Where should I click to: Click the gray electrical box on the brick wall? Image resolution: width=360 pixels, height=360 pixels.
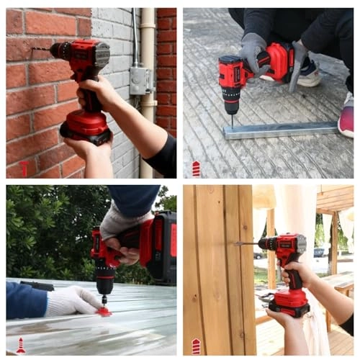pos(140,80)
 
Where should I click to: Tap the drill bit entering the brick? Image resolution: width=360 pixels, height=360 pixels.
pos(40,50)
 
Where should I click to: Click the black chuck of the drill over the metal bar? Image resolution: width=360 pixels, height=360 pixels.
pos(231,104)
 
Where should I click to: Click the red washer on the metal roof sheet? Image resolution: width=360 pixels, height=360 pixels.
pos(105,312)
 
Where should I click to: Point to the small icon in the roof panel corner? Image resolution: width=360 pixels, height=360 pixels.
pos(21,346)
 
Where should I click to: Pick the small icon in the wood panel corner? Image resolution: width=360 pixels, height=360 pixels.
pos(196,346)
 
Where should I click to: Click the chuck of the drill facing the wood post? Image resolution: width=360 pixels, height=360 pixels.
pos(264,245)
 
